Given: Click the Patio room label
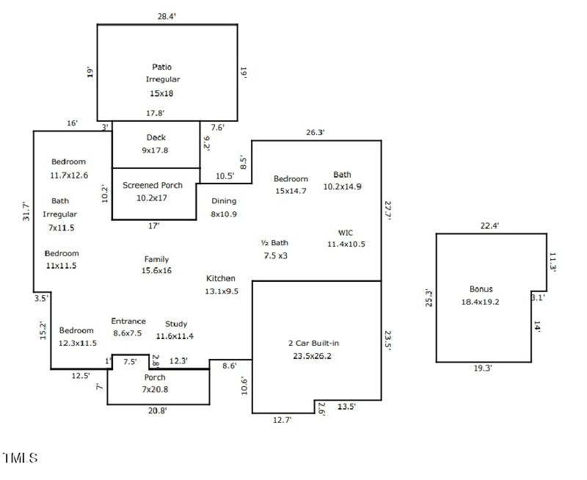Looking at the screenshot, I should (162, 67).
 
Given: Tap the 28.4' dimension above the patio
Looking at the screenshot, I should (167, 15).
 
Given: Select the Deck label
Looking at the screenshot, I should (156, 137).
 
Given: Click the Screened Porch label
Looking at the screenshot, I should (153, 185).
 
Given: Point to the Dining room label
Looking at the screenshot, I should (224, 201).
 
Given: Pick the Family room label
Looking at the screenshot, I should (156, 259).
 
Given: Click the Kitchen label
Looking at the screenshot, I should (221, 278).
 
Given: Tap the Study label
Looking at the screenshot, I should (176, 324).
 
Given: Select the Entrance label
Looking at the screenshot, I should (128, 321).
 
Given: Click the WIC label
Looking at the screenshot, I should (346, 232).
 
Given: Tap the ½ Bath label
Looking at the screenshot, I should (275, 242).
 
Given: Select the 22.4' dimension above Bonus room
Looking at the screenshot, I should (489, 225).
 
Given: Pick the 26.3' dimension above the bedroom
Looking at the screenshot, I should (316, 132).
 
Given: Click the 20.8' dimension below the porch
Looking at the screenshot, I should (158, 411).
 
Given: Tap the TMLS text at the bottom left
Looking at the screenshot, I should (20, 459).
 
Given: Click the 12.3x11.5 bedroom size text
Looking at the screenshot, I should (78, 343).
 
